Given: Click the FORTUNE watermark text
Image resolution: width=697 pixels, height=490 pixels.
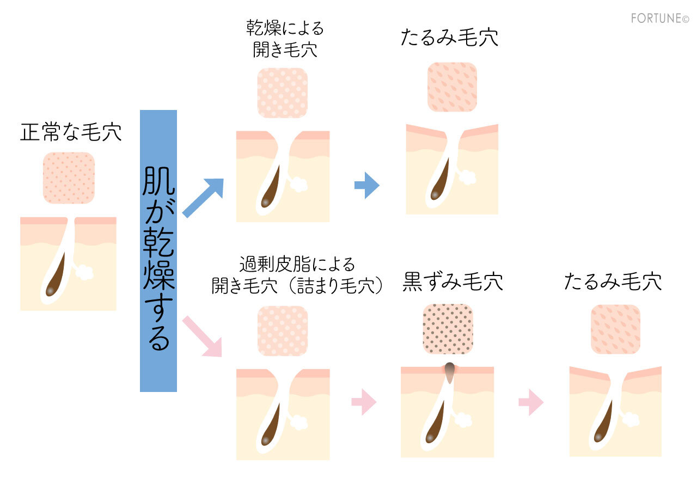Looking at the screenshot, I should pyautogui.click(x=659, y=19).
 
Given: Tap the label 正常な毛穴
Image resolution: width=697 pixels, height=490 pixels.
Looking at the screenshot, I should pyautogui.click(x=71, y=133).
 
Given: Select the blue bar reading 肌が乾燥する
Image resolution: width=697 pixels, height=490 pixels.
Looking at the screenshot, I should pyautogui.click(x=158, y=251).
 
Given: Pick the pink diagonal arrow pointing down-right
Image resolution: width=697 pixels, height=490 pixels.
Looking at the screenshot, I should pyautogui.click(x=203, y=336).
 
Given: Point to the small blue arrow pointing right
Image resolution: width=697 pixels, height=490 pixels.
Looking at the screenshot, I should pyautogui.click(x=366, y=186).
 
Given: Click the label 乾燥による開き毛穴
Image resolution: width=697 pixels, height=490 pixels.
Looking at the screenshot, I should pyautogui.click(x=285, y=40).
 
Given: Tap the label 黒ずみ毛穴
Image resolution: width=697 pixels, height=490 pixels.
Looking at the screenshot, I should pyautogui.click(x=453, y=282).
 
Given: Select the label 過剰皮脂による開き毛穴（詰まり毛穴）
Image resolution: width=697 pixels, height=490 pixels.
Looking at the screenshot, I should pyautogui.click(x=297, y=275).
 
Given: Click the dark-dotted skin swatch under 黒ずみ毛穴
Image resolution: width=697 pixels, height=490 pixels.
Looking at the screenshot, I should pyautogui.click(x=448, y=329).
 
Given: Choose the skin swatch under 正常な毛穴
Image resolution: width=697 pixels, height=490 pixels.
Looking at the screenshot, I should pyautogui.click(x=69, y=177).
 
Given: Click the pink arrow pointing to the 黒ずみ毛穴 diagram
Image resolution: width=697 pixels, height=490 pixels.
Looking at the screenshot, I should pyautogui.click(x=364, y=403).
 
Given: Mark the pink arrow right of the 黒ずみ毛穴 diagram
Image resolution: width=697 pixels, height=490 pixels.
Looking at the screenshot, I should pyautogui.click(x=531, y=403).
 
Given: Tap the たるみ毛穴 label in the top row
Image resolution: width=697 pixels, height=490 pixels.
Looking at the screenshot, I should pyautogui.click(x=449, y=38).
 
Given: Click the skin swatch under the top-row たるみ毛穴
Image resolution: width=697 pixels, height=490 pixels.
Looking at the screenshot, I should pyautogui.click(x=452, y=87).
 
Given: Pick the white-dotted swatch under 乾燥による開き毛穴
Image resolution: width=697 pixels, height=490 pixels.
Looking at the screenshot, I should pyautogui.click(x=282, y=93).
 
